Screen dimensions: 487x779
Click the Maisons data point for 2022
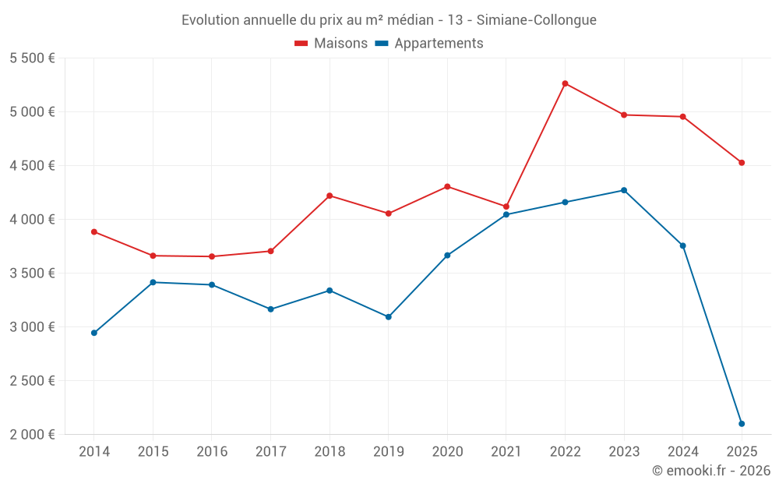pos(565,83)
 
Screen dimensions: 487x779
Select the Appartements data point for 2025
pos(742,424)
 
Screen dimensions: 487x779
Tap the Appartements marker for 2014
pos(94,333)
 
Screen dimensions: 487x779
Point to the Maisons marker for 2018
pos(330,196)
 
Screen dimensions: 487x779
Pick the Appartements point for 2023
pos(624,190)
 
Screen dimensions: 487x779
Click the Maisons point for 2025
pos(742,163)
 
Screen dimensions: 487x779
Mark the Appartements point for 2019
pos(389,317)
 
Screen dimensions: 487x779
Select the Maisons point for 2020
pos(447,186)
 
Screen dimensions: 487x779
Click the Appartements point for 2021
pos(506,214)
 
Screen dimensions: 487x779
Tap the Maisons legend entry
pos(331,44)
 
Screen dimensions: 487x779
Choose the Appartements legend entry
pos(429,44)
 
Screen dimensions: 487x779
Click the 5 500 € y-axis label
pos(32,58)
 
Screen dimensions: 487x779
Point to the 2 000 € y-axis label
pos(32,435)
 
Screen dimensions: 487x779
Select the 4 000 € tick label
pos(32,220)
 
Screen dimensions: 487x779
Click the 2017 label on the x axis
pos(270,452)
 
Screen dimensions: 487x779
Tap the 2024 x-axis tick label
pos(683,452)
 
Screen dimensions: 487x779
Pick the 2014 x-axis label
pos(94,452)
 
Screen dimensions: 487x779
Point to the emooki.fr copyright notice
pos(711,471)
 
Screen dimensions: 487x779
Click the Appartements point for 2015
pos(153,282)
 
